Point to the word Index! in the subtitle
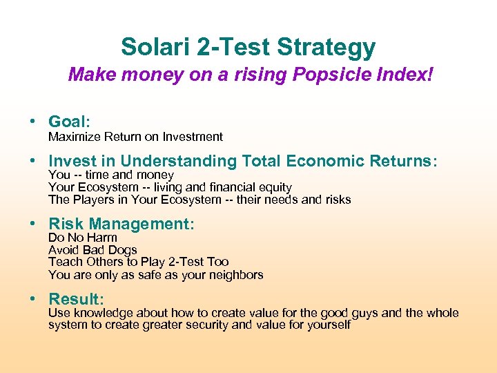pos(405,74)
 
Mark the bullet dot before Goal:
pos(32,122)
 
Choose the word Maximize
pos(73,137)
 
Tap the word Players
pos(92,200)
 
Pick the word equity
pos(274,187)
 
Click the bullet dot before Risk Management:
pos(32,224)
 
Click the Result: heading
pos(76,299)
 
